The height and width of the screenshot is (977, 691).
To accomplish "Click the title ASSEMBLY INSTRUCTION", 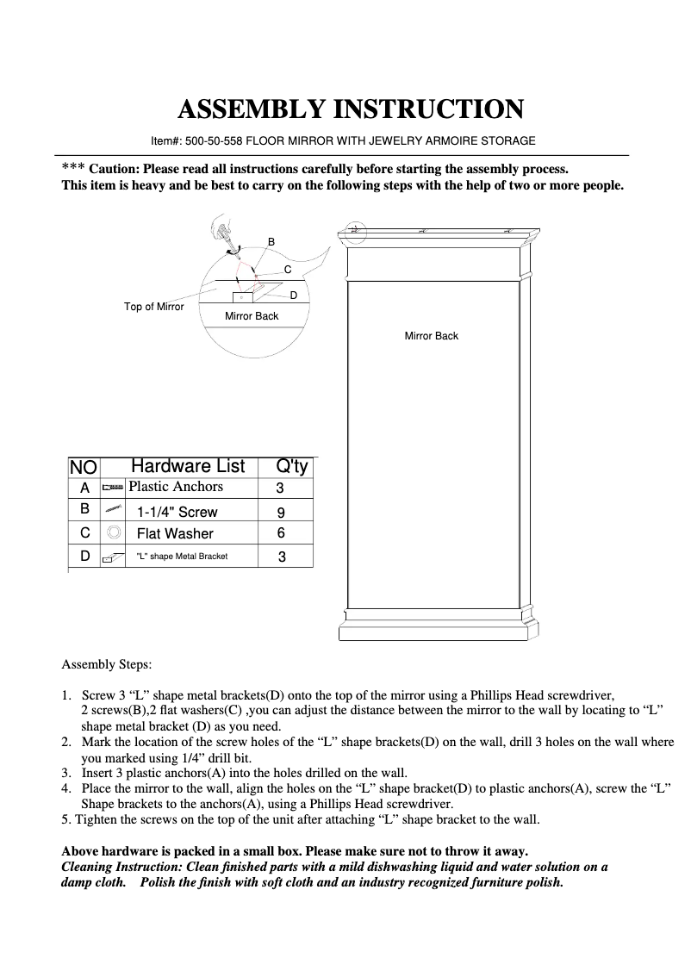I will pos(350,109).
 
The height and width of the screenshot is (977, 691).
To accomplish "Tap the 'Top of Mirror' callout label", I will pos(154,307).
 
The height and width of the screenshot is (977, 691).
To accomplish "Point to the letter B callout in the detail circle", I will pos(271,241).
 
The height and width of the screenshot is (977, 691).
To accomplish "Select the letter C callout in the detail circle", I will pos(288,270).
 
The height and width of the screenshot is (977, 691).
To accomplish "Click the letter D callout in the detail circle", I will pos(294,296).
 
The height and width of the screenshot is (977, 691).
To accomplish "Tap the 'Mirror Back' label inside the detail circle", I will pos(252,316).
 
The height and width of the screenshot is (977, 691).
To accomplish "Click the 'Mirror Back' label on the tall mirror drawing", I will pos(432,335).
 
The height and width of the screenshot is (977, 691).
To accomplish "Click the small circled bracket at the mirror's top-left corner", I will pos(353,229).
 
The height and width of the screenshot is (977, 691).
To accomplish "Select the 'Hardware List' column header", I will pos(188,466).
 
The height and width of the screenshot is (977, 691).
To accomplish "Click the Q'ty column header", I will pos(291,466).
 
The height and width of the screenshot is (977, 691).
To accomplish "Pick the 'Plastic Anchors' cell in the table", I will pos(176,487).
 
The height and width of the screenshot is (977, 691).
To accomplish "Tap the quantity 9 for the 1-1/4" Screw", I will pos(281,512).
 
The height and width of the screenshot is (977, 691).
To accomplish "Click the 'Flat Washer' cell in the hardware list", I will pos(175,534).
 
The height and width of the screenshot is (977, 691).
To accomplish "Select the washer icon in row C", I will pos(112,533).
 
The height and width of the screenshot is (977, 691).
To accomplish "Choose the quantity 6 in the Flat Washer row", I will pos(281,534).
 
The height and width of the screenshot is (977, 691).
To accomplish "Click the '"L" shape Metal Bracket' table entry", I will pos(182,557).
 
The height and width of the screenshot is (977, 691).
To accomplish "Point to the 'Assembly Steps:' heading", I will pos(107,665).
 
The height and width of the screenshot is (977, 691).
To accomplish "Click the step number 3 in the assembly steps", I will pos(65,773).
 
